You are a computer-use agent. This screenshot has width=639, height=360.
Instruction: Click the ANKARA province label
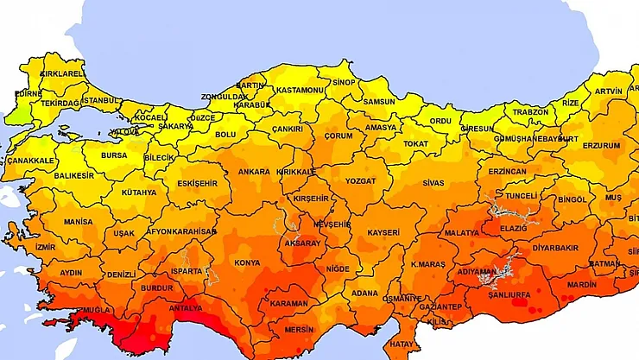(x=254, y=172)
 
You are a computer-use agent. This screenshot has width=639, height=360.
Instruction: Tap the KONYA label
(x=248, y=262)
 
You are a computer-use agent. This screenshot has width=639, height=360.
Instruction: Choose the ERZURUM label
(x=600, y=146)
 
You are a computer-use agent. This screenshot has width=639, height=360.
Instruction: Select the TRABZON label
(x=530, y=112)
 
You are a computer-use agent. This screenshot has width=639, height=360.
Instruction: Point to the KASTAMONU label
(x=301, y=91)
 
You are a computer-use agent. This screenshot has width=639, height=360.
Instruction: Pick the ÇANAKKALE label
(x=31, y=161)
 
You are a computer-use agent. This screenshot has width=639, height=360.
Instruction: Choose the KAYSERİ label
(x=383, y=233)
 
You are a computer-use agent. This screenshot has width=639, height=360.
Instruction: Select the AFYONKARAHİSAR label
(x=180, y=232)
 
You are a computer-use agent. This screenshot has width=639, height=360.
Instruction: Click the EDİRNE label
(x=28, y=93)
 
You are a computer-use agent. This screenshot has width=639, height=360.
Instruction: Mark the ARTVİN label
(x=608, y=92)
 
